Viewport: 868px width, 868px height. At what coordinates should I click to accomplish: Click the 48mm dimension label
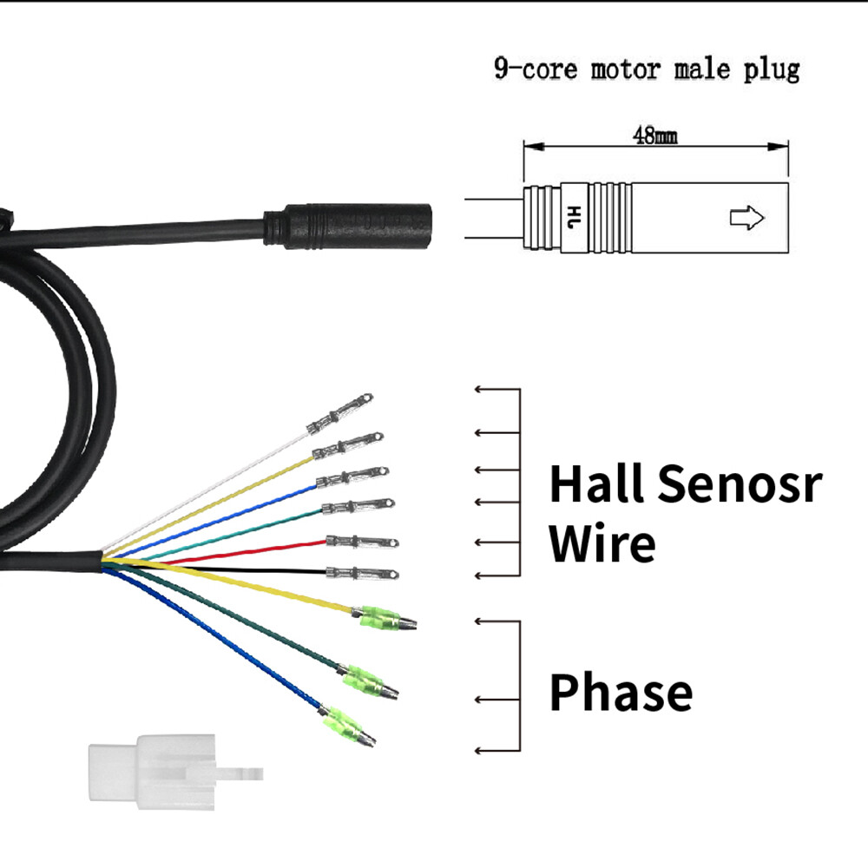[x=654, y=136]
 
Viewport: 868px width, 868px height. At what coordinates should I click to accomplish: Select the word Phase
[x=621, y=693]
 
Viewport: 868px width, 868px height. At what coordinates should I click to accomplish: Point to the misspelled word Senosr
[x=739, y=483]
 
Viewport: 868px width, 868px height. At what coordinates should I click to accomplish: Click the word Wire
[x=602, y=543]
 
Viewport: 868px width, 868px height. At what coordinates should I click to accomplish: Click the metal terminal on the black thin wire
[x=363, y=573]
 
